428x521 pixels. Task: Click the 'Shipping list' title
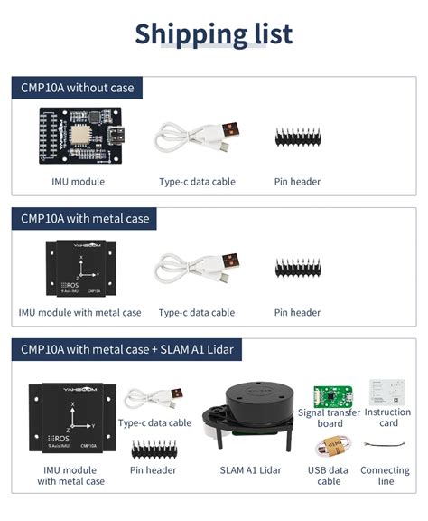coord(214,33)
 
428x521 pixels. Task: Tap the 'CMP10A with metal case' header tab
coord(86,219)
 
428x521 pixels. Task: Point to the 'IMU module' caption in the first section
coord(79,182)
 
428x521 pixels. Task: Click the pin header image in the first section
coord(297,137)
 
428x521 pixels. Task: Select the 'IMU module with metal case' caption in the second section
coord(79,313)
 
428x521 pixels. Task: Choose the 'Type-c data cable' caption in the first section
coord(197,182)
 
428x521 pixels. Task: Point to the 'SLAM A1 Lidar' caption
coord(250,470)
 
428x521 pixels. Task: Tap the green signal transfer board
coord(332,395)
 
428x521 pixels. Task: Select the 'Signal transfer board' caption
coord(330,418)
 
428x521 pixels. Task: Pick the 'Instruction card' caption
coord(388,418)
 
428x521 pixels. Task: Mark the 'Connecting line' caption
coord(386,476)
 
